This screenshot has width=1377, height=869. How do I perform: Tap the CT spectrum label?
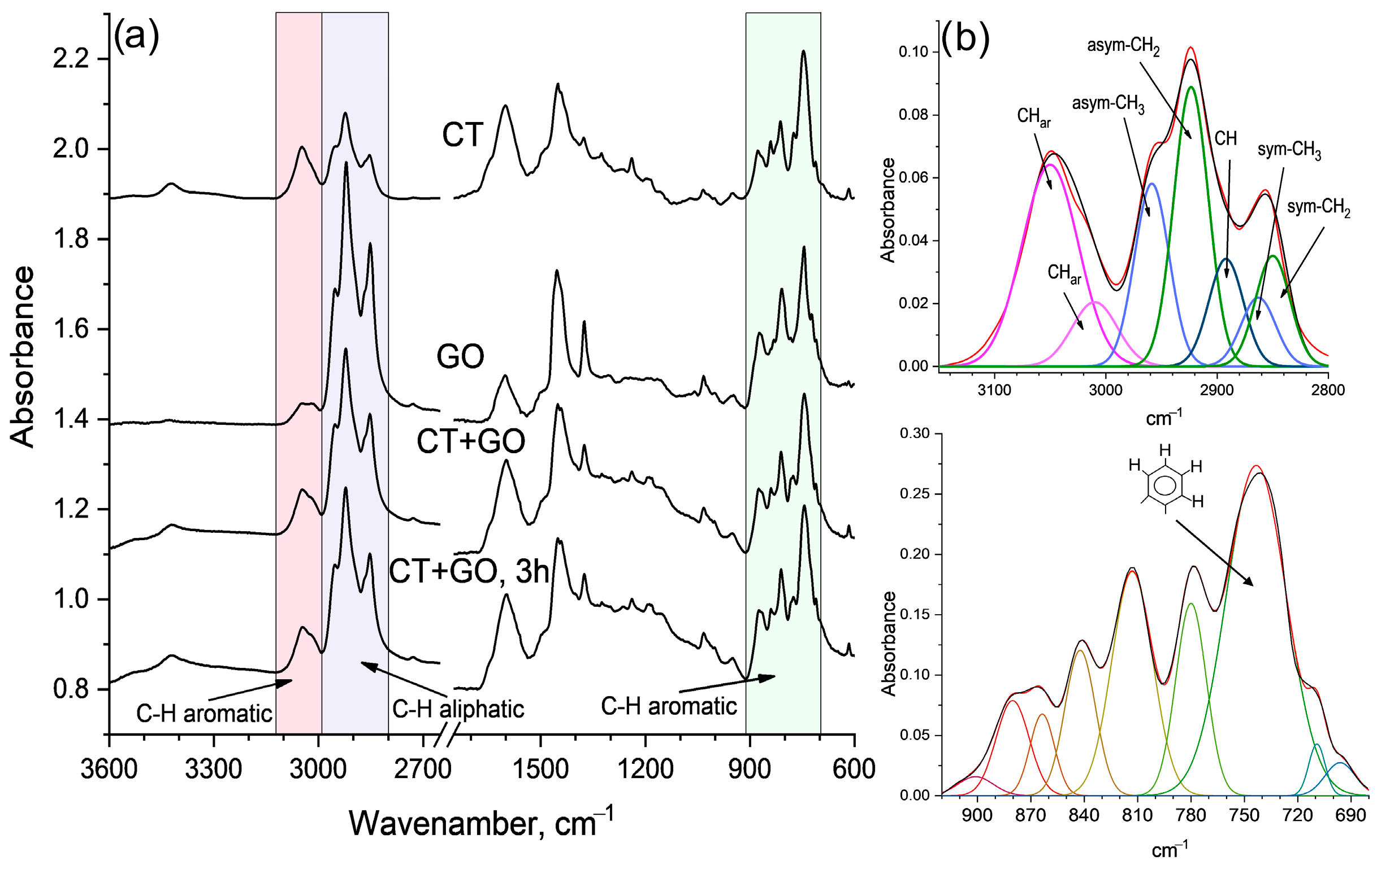pos(462,136)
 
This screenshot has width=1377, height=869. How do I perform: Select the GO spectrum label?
pos(460,357)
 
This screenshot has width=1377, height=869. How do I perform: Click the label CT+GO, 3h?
pos(469,571)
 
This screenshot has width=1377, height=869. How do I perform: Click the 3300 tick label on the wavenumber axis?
pos(213,770)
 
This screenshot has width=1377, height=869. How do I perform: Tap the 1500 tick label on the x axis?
pos(540,770)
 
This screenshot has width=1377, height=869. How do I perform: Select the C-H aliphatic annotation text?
pos(458,710)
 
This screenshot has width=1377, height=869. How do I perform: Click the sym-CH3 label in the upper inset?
pos(1289,151)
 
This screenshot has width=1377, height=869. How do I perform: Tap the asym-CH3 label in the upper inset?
pos(1108,105)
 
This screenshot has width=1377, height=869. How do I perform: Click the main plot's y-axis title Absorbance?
pos(23,357)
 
